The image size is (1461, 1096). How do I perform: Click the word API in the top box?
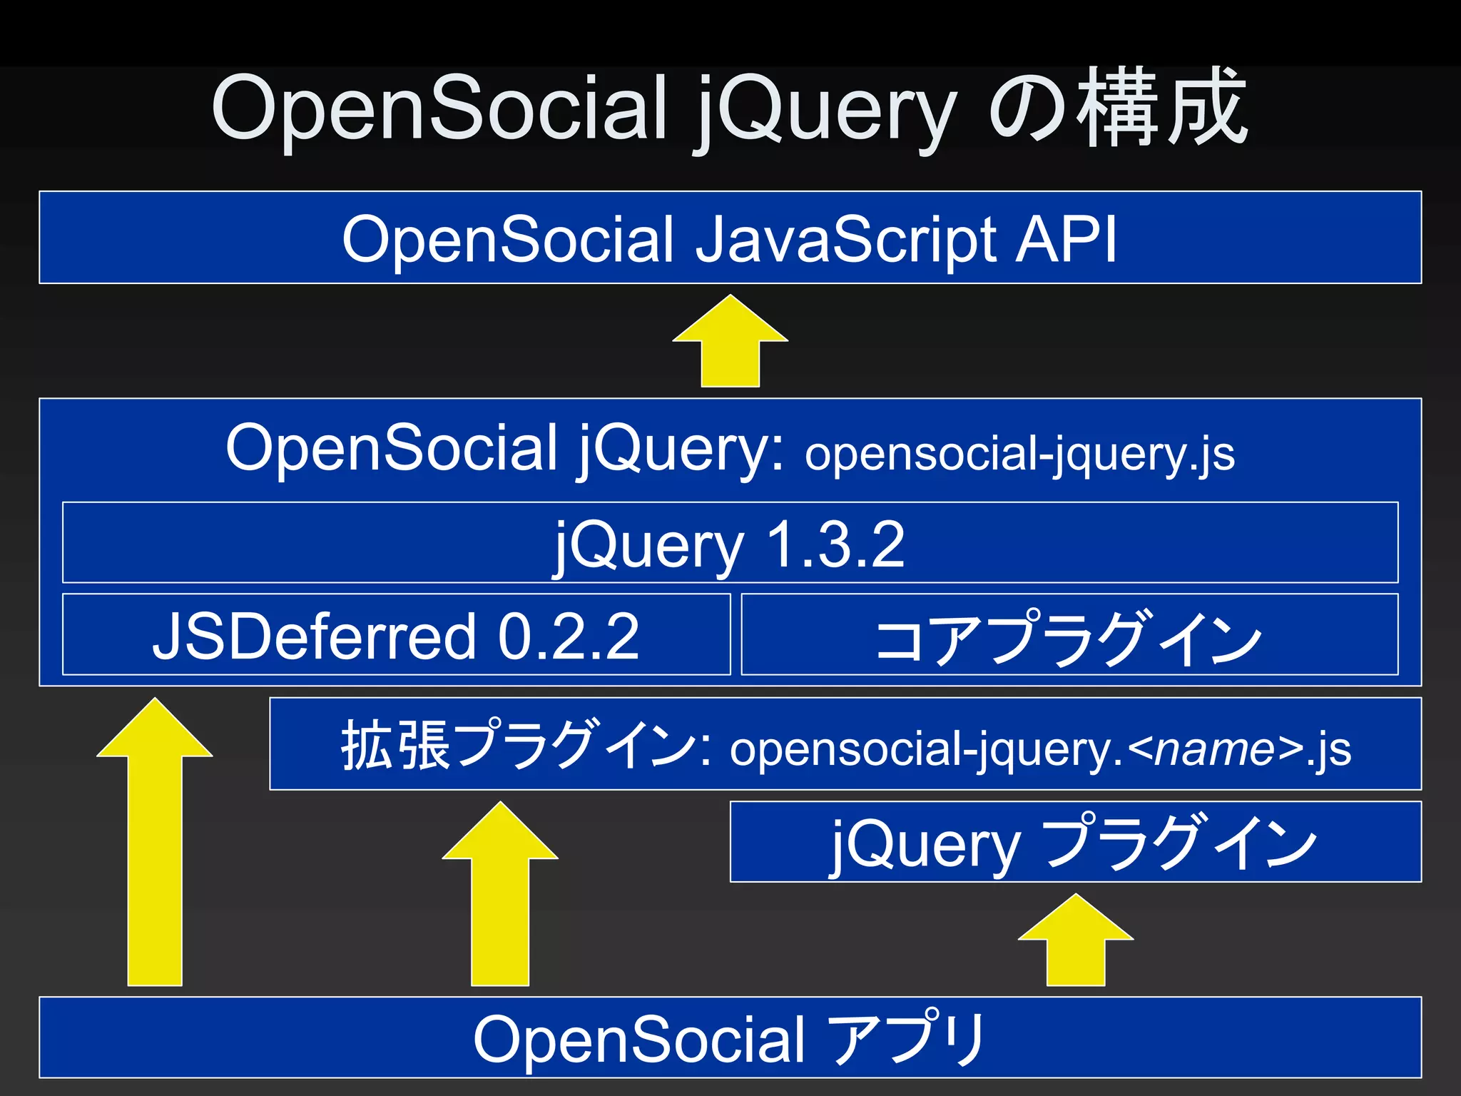click(1066, 240)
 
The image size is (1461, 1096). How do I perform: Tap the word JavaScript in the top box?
click(846, 241)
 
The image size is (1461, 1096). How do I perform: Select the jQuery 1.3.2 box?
click(729, 543)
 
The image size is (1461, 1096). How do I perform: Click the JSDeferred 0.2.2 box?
click(396, 634)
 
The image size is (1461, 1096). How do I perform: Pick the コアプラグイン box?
click(1069, 634)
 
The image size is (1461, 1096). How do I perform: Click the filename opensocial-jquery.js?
click(1019, 455)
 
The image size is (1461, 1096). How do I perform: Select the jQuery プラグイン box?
click(1075, 842)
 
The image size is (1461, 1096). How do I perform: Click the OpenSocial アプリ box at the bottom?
click(729, 1037)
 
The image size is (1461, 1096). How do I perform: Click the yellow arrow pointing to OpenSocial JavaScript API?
click(730, 342)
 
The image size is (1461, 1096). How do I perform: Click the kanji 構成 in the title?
click(1163, 107)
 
